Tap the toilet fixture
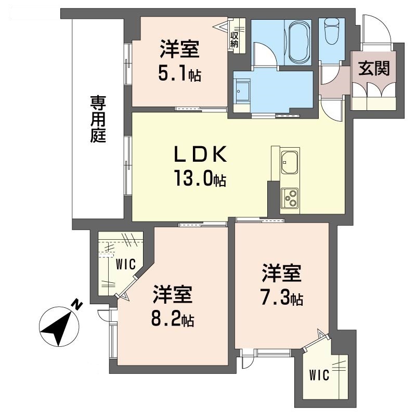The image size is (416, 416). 332,32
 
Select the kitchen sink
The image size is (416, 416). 290,162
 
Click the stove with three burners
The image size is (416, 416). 290,198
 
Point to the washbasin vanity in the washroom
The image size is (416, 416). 242,93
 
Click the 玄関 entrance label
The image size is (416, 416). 373,68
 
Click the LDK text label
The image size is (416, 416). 200,154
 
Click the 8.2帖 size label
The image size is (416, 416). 173,319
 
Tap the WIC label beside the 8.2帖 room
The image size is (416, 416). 125,264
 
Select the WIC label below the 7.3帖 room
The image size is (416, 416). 319,375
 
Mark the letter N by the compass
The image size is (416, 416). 76,305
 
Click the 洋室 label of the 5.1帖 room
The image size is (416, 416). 180,51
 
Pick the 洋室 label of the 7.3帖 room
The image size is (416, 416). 282,273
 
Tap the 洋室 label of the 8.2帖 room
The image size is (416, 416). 173,294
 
